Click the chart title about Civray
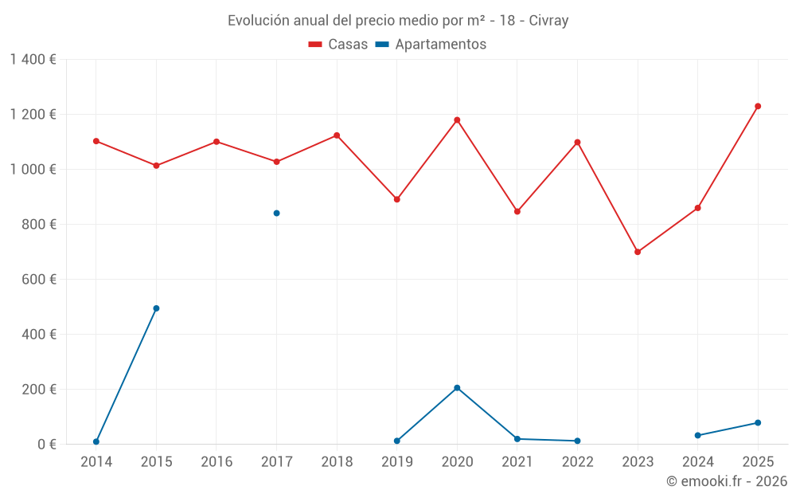point(398,21)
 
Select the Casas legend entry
point(338,45)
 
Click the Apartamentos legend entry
point(431,45)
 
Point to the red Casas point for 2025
point(758,106)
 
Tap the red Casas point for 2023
point(638,252)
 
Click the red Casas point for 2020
point(457,120)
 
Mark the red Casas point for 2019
point(397,199)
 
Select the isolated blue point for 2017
point(277,213)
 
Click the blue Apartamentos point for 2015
point(156,308)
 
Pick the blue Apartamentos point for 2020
point(457,388)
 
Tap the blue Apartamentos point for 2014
point(96,441)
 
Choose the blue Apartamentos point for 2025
point(758,422)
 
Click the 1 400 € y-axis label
point(33,60)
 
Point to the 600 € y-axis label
point(41,280)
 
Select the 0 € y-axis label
point(47,445)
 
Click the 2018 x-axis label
point(337,462)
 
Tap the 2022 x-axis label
point(577,462)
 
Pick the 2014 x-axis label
point(96,462)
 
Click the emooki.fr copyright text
point(726,481)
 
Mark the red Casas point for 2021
point(517,211)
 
